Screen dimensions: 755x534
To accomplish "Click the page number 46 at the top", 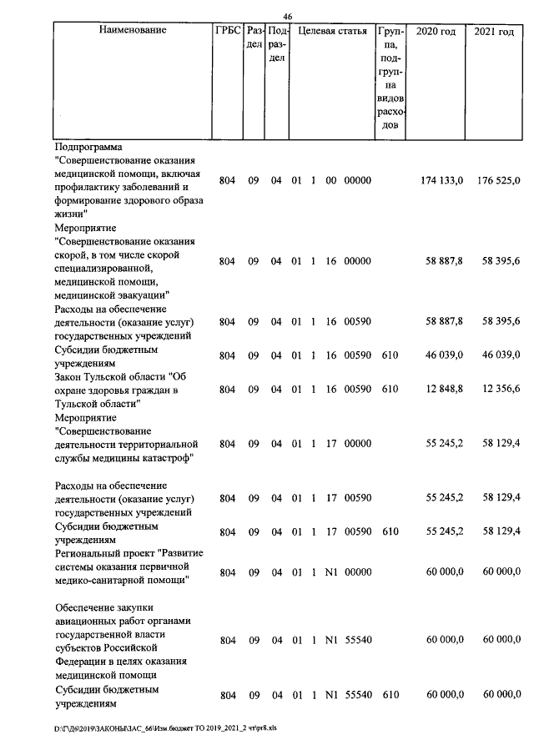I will click(288, 17).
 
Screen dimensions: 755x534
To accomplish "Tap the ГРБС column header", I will click(228, 32).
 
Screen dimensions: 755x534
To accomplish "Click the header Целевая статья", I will click(333, 32).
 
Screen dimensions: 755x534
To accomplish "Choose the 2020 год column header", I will click(436, 32).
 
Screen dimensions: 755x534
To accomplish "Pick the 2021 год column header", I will click(494, 32).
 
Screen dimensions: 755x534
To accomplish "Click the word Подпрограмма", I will click(88, 147).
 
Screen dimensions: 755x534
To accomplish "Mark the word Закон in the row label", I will click(70, 377).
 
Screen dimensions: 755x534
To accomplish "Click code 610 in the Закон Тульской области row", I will click(389, 389).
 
